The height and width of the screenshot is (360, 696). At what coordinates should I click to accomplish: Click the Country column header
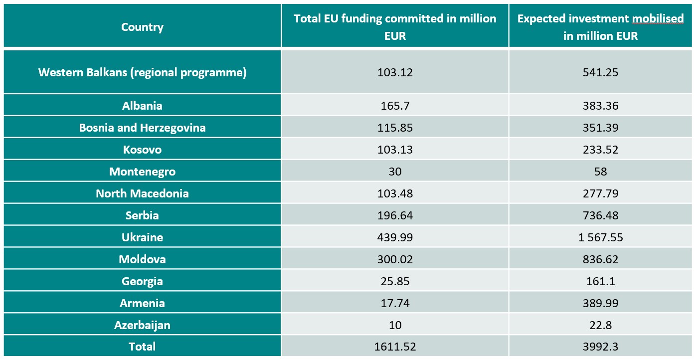[x=142, y=27]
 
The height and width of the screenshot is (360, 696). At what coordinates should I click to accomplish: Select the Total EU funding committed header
[x=395, y=27]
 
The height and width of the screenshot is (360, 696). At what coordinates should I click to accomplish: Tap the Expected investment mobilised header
[x=600, y=27]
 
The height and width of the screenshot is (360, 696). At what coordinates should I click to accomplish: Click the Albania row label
[x=142, y=106]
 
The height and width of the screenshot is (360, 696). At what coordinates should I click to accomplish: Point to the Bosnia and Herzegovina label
[x=142, y=128]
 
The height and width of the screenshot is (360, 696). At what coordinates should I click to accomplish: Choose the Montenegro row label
[x=142, y=172]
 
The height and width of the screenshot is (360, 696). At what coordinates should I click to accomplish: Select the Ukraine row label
[x=142, y=237]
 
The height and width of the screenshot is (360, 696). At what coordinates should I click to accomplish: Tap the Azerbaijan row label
[x=142, y=325]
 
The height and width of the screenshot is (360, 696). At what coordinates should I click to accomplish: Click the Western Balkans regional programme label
[x=142, y=72]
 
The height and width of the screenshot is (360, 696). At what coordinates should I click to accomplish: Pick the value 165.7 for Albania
[x=395, y=106]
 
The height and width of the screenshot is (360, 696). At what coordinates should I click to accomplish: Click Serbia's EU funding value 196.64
[x=395, y=215]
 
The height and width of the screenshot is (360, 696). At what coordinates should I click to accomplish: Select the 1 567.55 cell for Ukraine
[x=600, y=237]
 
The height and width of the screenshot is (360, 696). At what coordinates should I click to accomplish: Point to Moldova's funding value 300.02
[x=395, y=259]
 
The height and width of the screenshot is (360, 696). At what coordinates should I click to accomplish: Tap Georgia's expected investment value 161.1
[x=600, y=281]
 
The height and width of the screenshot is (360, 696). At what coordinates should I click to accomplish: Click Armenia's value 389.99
[x=600, y=303]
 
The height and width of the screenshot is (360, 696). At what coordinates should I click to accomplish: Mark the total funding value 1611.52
[x=395, y=347]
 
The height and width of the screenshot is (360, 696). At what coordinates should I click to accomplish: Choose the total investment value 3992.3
[x=600, y=347]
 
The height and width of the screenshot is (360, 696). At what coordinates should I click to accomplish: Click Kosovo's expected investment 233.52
[x=600, y=150]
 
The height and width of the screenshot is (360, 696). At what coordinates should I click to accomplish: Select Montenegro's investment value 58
[x=600, y=172]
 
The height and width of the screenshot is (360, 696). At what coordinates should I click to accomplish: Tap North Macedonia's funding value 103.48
[x=395, y=193]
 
